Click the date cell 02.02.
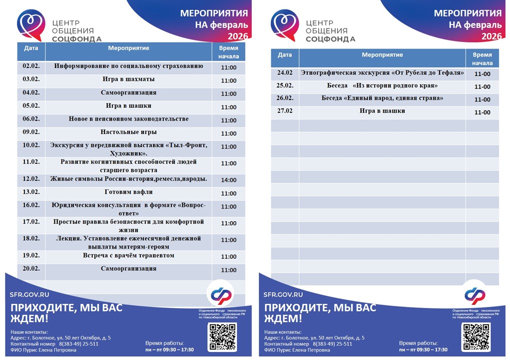[31, 66]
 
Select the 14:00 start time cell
[228, 180]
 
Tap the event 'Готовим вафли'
[128, 192]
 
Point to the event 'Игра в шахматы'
[128, 79]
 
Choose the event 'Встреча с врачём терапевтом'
[128, 255]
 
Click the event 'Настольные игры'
[128, 132]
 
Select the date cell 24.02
[285, 73]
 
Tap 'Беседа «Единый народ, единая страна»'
[382, 98]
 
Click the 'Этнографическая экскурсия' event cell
[382, 73]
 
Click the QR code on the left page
[222, 336]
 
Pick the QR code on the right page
[476, 336]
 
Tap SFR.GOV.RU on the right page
[283, 294]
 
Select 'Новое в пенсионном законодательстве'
[128, 119]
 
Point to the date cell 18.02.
[31, 238]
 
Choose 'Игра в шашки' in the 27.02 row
[382, 111]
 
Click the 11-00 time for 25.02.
[482, 86]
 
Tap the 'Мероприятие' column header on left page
[128, 48]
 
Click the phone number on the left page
[78, 344]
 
